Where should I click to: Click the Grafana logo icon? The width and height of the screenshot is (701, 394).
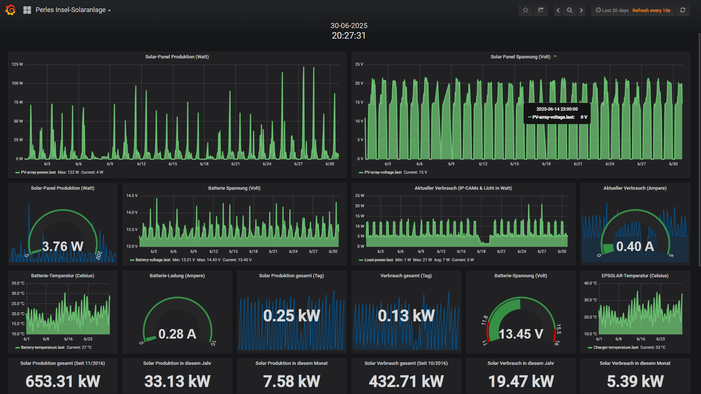(11, 10)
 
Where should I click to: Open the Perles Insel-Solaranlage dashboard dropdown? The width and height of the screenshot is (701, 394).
(73, 10)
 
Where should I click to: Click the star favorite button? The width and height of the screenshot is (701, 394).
(525, 10)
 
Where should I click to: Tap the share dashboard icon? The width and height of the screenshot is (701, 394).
(541, 10)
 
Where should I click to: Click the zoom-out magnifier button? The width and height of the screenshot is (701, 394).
(570, 10)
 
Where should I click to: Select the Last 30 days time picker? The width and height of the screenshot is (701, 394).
(612, 10)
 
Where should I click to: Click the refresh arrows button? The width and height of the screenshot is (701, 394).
(683, 10)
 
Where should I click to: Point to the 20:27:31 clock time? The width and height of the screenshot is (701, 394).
(349, 35)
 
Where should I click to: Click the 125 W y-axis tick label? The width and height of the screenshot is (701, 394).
(17, 65)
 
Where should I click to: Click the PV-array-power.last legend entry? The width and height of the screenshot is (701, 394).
(38, 172)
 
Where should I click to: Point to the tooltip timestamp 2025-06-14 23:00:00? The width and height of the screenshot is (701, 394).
(557, 109)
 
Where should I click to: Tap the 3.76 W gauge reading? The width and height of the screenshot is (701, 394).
(63, 246)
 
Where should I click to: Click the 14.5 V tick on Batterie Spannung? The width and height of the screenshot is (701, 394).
(132, 196)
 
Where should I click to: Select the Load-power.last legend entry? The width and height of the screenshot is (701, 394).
(378, 260)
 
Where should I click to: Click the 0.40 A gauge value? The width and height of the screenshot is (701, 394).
(635, 246)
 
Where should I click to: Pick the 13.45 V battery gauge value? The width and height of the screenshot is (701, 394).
(521, 334)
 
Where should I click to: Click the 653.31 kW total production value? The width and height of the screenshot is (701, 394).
(63, 381)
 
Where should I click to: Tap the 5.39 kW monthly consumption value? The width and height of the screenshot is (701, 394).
(635, 381)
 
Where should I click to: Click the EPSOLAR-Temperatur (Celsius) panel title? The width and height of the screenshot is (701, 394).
(635, 276)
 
